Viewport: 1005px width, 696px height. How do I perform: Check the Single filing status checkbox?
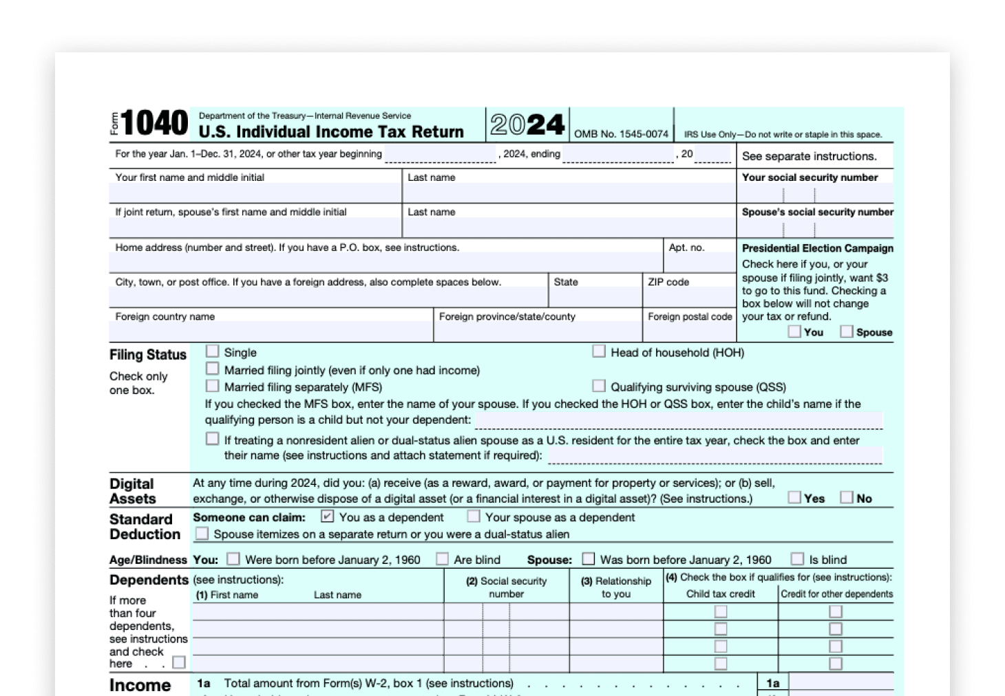point(213,351)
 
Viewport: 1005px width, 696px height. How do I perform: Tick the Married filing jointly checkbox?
point(213,369)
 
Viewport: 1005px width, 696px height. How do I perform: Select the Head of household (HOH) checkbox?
point(599,351)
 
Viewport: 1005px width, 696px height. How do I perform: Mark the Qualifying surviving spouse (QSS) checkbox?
point(599,386)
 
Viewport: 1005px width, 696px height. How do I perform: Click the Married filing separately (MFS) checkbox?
point(213,386)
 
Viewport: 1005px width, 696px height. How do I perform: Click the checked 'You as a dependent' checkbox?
point(328,516)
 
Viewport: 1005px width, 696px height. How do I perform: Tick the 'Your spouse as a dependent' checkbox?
point(474,516)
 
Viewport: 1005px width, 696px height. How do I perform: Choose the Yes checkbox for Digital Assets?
point(794,497)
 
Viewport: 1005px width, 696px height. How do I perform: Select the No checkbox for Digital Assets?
point(847,497)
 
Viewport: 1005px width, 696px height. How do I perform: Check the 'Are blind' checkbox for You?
point(442,559)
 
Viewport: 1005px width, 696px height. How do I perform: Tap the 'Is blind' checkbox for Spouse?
point(797,559)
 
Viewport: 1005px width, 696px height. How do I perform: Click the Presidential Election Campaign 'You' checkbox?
point(794,331)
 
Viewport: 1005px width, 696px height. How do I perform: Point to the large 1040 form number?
point(154,124)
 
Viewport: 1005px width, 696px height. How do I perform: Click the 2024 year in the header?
point(527,124)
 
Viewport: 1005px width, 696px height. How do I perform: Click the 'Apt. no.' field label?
point(686,248)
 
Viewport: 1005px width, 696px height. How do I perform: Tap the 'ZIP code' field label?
point(668,282)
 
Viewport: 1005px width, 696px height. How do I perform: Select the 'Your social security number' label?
point(810,177)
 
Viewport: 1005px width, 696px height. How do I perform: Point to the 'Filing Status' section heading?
point(148,355)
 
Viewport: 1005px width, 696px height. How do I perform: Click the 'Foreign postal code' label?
point(690,317)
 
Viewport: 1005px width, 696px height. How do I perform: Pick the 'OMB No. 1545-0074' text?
point(621,134)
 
